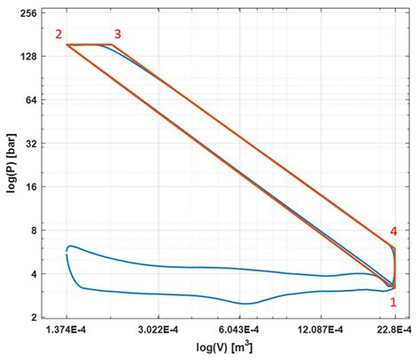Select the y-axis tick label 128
(28, 57)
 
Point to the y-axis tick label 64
(31, 100)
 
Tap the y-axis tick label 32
(31, 144)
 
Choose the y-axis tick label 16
(31, 187)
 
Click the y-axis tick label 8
(34, 231)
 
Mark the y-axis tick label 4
(34, 274)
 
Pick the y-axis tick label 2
(34, 317)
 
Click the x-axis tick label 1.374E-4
(68, 330)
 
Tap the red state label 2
(58, 35)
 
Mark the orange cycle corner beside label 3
(113, 44)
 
